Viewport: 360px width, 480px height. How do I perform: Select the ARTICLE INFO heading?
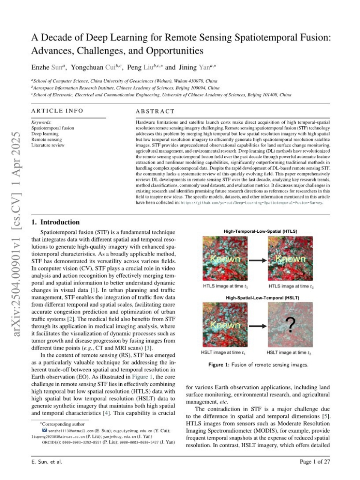point(57,111)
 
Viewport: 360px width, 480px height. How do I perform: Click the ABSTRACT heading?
point(155,111)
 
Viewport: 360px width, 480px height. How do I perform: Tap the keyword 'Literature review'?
point(48,145)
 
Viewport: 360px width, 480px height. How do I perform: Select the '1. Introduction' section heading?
point(56,222)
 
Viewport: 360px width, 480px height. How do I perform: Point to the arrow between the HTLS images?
point(257,260)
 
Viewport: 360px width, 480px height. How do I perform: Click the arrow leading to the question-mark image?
point(257,326)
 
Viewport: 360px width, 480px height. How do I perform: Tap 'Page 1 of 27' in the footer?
point(315,462)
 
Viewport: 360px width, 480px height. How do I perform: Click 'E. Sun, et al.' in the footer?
point(47,462)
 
